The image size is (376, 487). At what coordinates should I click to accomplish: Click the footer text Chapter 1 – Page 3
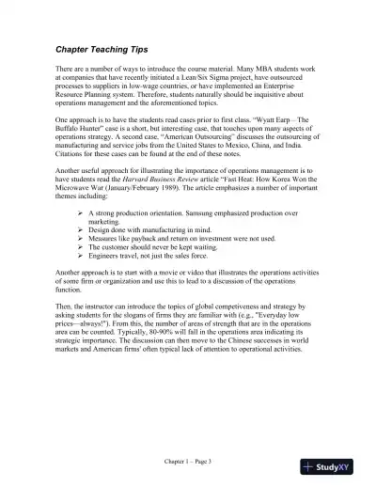coord(187,462)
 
